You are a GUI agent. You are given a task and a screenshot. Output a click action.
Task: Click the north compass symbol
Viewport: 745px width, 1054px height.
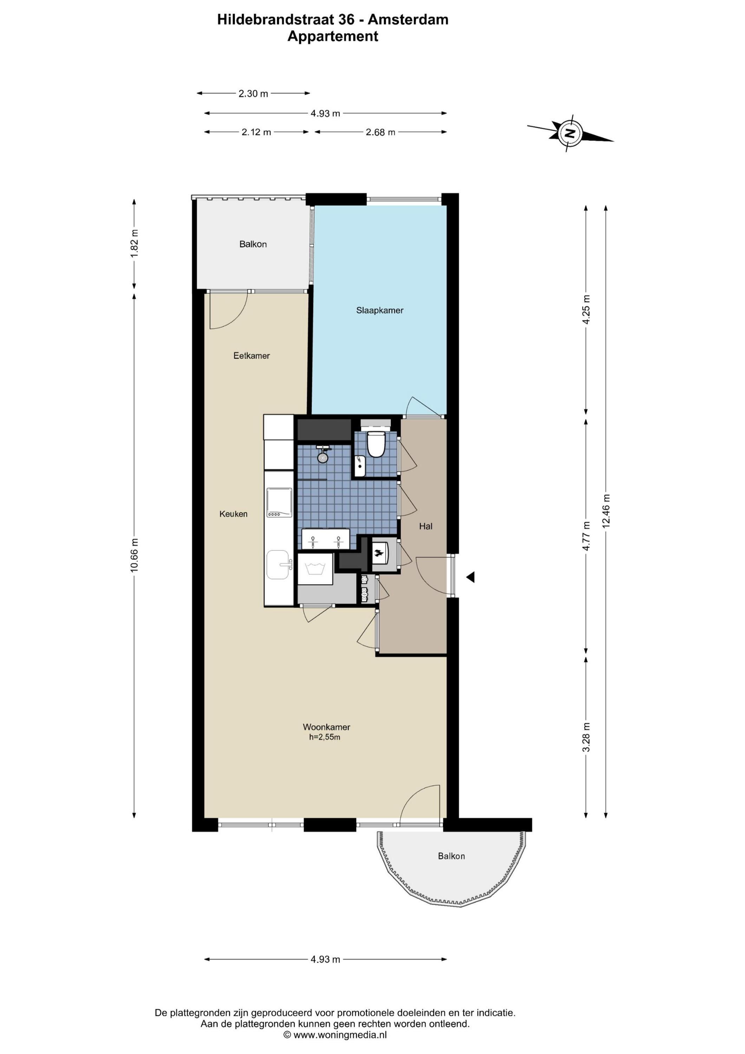click(570, 133)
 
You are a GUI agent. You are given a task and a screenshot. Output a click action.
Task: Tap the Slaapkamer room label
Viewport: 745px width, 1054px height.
click(380, 310)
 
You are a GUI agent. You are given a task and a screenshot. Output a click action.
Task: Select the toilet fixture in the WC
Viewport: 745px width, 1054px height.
click(376, 443)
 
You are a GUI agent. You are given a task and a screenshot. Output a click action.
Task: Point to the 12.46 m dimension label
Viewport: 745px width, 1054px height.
click(606, 510)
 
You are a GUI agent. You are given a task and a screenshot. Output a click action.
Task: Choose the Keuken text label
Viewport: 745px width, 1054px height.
click(233, 514)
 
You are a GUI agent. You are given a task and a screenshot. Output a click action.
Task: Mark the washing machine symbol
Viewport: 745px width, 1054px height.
click(315, 569)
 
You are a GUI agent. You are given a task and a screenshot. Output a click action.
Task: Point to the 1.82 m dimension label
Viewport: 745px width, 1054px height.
click(134, 243)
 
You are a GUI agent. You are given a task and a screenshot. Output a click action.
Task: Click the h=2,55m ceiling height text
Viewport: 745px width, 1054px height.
click(325, 737)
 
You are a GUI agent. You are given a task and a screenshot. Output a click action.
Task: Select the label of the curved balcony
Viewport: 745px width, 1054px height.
click(451, 856)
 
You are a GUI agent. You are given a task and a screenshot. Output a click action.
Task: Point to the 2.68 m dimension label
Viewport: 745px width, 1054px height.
click(380, 132)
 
